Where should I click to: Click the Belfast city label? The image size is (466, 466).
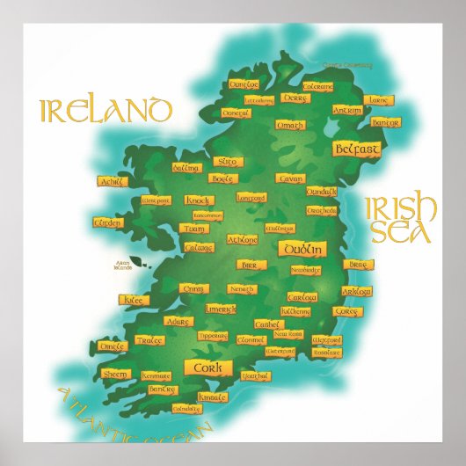(357, 149)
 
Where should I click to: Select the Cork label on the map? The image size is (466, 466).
(208, 368)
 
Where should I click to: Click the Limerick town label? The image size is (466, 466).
(220, 309)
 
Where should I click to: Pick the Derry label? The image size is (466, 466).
(295, 98)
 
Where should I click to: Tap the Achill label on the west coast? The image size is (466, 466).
(113, 181)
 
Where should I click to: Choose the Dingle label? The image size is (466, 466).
(113, 347)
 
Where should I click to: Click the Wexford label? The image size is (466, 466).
(326, 339)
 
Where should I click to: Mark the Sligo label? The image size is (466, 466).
(227, 162)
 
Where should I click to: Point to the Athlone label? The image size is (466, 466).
(243, 239)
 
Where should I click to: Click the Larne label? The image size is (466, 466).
(377, 100)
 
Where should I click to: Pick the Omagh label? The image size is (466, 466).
(289, 126)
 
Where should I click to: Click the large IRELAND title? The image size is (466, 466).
(105, 112)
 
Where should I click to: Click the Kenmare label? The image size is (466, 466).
(156, 375)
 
